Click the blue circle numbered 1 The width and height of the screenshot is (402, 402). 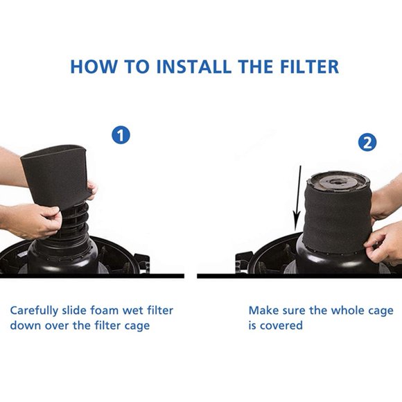click(121, 134)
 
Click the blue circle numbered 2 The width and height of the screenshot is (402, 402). click(367, 143)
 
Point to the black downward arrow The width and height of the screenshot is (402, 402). click(297, 201)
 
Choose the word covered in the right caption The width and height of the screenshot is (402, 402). click(281, 326)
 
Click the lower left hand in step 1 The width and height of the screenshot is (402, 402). click(28, 220)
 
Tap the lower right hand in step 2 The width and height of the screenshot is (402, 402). click(385, 243)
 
